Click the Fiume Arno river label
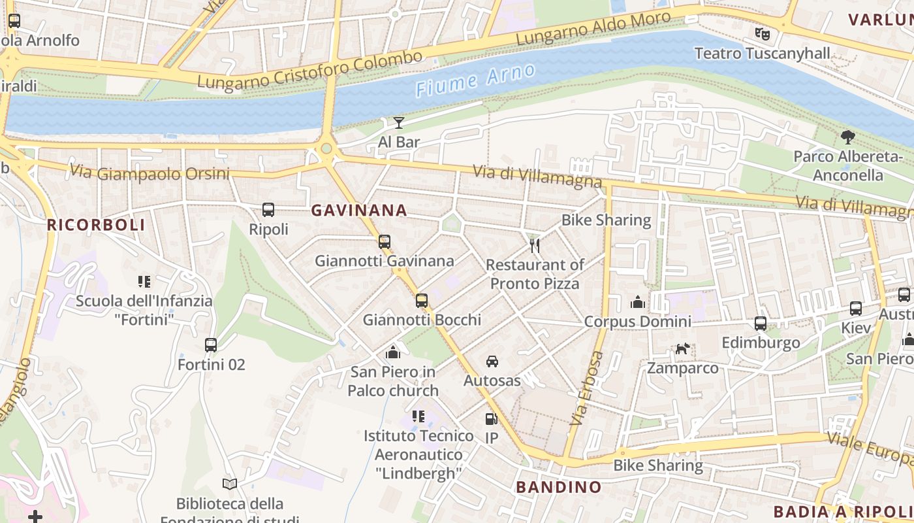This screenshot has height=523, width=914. pyautogui.click(x=475, y=80)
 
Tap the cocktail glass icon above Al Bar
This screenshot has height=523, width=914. pyautogui.click(x=399, y=122)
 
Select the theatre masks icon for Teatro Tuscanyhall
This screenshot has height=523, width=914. pyautogui.click(x=762, y=33)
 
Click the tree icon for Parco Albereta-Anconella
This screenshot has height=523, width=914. pyautogui.click(x=847, y=137)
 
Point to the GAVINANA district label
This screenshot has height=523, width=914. pyautogui.click(x=359, y=211)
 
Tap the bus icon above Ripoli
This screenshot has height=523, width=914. pyautogui.click(x=268, y=210)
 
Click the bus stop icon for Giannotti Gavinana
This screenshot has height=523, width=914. pyautogui.click(x=384, y=241)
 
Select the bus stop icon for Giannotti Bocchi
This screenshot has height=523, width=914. pyautogui.click(x=422, y=301)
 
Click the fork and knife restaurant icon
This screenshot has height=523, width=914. pyautogui.click(x=534, y=245)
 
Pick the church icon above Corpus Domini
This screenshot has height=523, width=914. pyautogui.click(x=637, y=301)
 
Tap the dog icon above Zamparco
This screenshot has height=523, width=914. pyautogui.click(x=682, y=348)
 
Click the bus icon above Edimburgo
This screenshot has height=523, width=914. pyautogui.click(x=761, y=323)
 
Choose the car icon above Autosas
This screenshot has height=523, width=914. pyautogui.click(x=492, y=361)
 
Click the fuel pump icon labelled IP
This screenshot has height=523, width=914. pyautogui.click(x=491, y=418)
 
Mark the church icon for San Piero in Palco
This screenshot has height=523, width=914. pyautogui.click(x=393, y=352)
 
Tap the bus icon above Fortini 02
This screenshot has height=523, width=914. pyautogui.click(x=211, y=345)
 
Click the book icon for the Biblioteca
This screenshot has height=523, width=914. pyautogui.click(x=229, y=484)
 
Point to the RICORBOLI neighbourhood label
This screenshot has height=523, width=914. pyautogui.click(x=96, y=225)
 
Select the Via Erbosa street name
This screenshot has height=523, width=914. pyautogui.click(x=587, y=388)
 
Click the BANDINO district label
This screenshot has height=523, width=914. pyautogui.click(x=559, y=487)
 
